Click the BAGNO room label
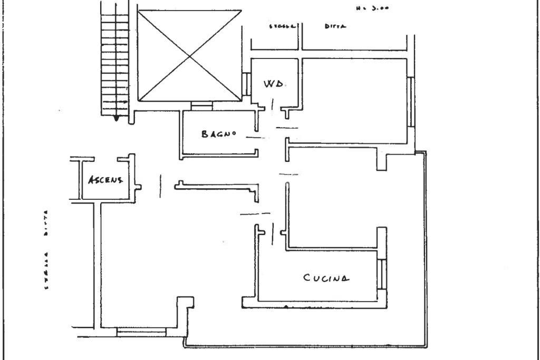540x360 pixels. coord(221,134)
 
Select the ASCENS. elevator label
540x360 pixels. coord(105,180)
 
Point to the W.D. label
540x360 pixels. coord(274,83)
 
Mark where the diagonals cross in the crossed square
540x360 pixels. coord(190,55)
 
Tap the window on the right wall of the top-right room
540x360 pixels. coord(411,102)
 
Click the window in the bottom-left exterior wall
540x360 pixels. coord(141,332)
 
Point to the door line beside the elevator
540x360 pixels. coord(160,187)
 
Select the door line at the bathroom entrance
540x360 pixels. coord(256,138)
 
